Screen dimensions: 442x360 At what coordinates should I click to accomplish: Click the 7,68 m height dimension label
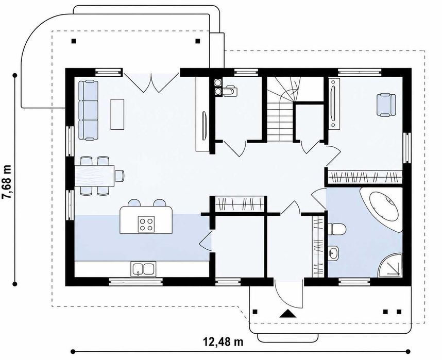pos(7,182)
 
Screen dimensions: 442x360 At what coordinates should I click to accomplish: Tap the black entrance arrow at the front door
pos(287,314)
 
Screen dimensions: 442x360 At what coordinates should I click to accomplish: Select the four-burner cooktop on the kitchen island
pos(146,224)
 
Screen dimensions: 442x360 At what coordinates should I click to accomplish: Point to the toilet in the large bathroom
pos(336,229)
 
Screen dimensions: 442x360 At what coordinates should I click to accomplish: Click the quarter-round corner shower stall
pos(390,265)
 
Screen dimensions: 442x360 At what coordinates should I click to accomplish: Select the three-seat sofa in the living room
pos(88,110)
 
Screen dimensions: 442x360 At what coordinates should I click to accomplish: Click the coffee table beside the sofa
pos(117,114)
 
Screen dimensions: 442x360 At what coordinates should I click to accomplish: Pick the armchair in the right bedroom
pos(386,105)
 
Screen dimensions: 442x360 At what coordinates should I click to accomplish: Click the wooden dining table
pos(94,176)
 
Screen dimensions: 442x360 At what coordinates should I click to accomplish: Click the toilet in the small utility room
pos(230,91)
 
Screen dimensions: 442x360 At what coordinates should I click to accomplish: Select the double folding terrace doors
pos(151,82)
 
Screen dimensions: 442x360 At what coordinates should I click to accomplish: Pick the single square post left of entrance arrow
pos(255,312)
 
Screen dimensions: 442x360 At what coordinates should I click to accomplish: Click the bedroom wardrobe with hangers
pos(365,177)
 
